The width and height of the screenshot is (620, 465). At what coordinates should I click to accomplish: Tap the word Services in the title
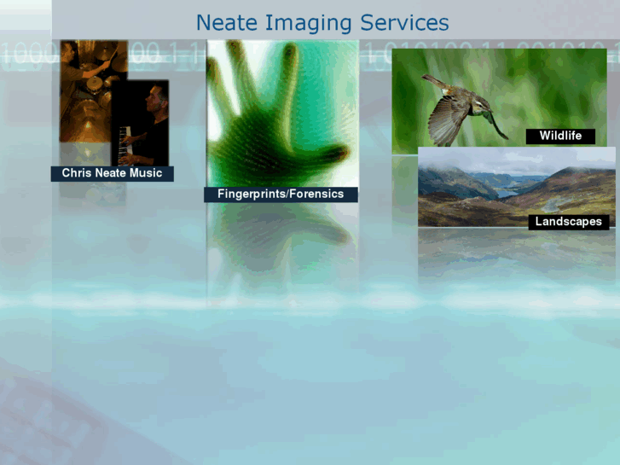tap(404, 22)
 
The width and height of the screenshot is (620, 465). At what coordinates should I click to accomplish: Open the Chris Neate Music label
tap(112, 173)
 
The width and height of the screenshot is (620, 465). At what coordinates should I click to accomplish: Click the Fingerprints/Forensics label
tap(281, 195)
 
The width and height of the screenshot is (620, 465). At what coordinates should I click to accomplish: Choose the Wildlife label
tap(560, 136)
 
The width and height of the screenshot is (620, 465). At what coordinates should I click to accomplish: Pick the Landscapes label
tap(568, 222)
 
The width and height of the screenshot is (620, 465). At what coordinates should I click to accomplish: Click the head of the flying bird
tap(482, 105)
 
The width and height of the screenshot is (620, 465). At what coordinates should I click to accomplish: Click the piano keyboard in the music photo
tap(128, 141)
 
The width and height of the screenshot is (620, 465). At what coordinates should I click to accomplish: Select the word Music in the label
tap(146, 173)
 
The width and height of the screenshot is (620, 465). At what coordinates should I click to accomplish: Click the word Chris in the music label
tap(76, 173)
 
